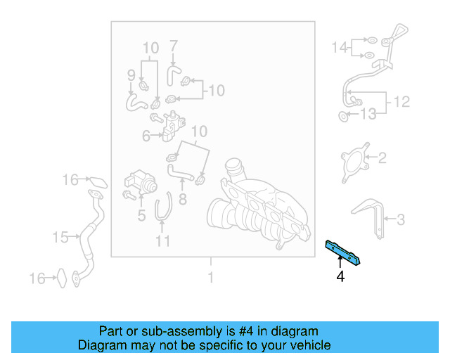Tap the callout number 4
[x=340, y=277]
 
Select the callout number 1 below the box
[x=210, y=278]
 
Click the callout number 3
[x=401, y=220]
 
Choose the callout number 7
[x=174, y=46]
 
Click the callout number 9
[x=131, y=75]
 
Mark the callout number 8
[x=182, y=199]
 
